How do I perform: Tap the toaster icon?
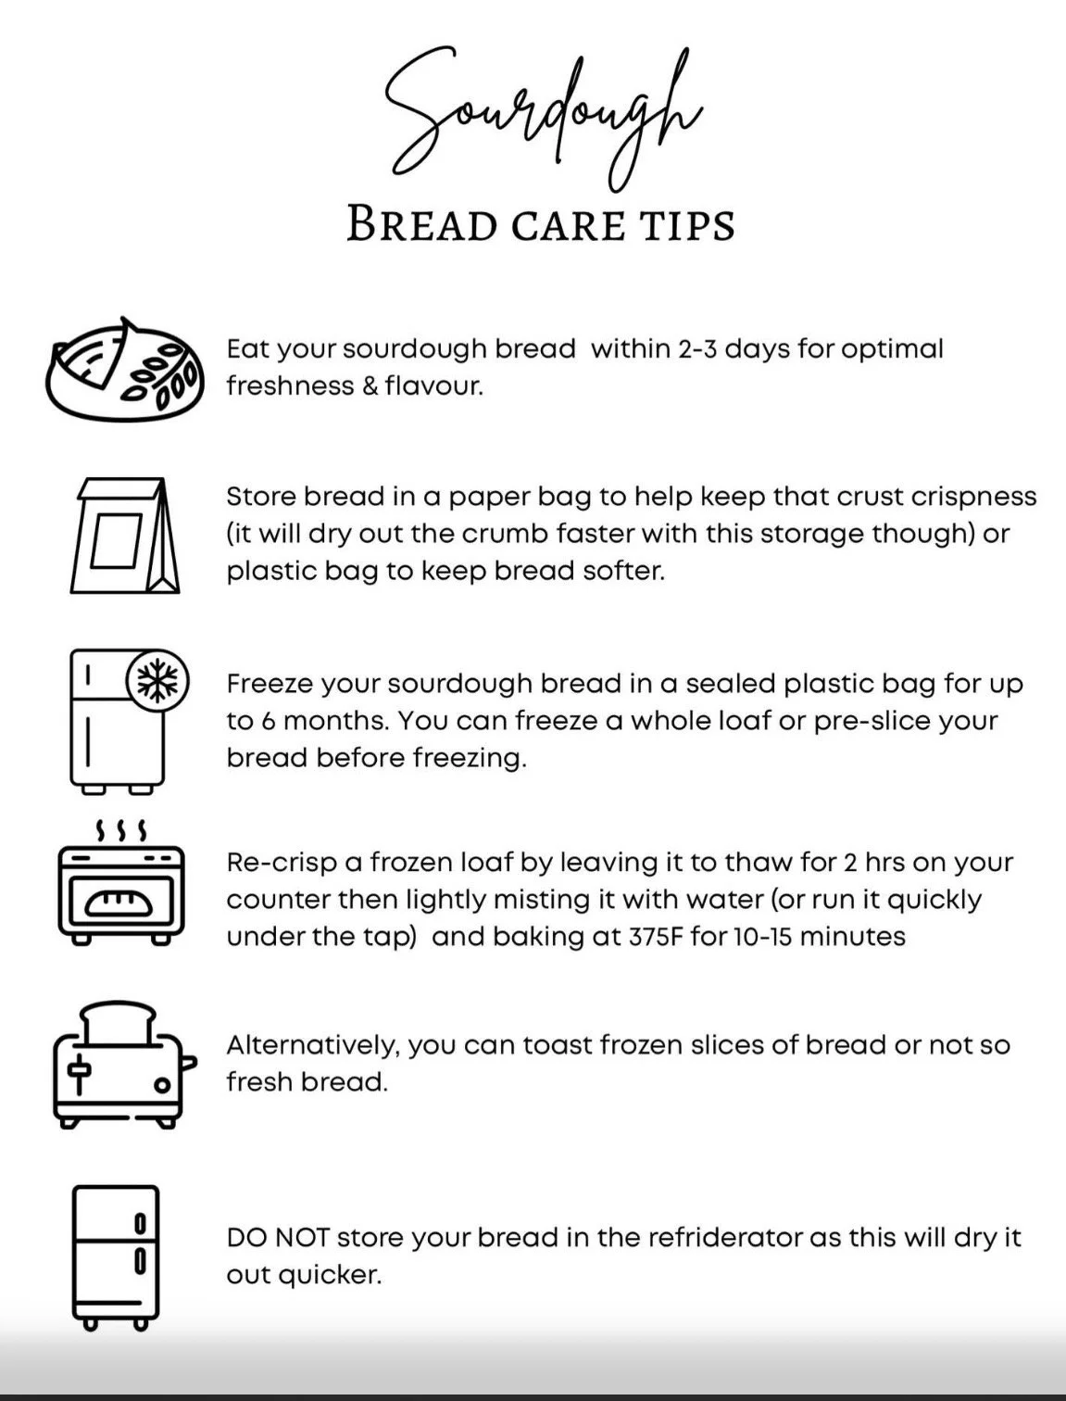tap(123, 1066)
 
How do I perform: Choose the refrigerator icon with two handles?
tap(116, 1257)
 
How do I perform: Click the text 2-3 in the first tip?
tap(696, 349)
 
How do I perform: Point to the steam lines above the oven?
tap(121, 828)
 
